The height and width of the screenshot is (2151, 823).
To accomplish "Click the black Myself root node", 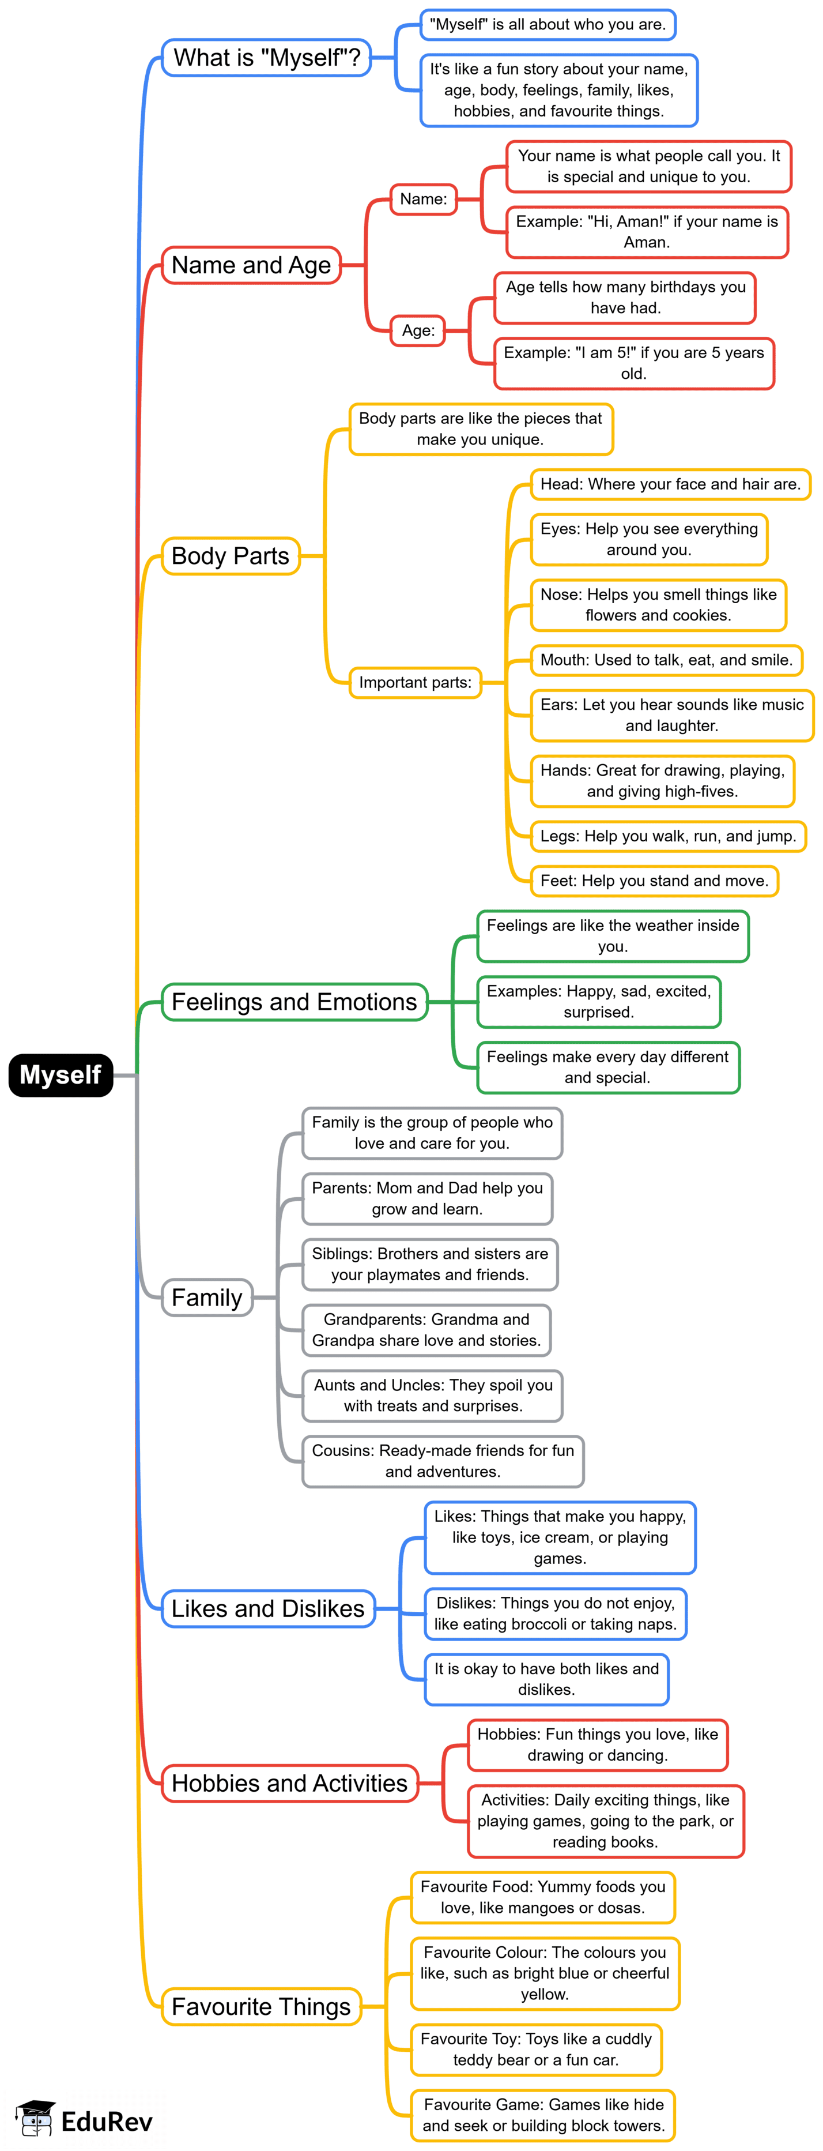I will pyautogui.click(x=60, y=1075).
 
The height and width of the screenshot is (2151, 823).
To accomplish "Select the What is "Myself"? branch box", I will pyautogui.click(x=266, y=58).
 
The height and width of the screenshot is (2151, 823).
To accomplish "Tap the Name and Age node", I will pyautogui.click(x=251, y=265).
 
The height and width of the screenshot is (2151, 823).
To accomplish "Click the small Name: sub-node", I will pyautogui.click(x=423, y=199).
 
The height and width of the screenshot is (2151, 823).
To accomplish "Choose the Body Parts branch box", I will pyautogui.click(x=231, y=555).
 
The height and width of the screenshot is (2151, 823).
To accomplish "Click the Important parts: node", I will pyautogui.click(x=415, y=682).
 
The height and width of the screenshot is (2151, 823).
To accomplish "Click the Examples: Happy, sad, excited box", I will pyautogui.click(x=598, y=1001).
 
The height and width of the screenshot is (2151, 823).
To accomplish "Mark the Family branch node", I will pyautogui.click(x=207, y=1297).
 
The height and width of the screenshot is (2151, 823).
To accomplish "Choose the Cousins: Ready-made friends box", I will pyautogui.click(x=443, y=1461).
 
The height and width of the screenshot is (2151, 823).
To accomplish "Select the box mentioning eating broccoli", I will pyautogui.click(x=555, y=1614).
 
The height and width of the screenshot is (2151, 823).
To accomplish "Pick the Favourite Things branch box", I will pyautogui.click(x=261, y=2006).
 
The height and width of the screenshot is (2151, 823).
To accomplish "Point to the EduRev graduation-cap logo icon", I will pyautogui.click(x=35, y=2119).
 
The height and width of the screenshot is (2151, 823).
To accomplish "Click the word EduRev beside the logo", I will pyautogui.click(x=107, y=2121).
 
